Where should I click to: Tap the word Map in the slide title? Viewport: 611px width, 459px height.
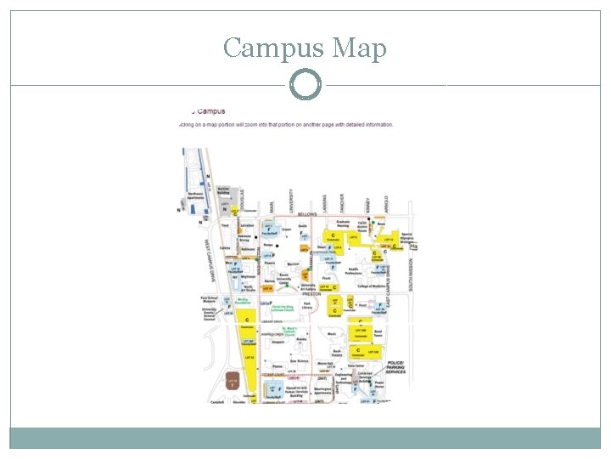tap(360, 48)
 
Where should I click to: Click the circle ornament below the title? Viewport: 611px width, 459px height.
tap(305, 86)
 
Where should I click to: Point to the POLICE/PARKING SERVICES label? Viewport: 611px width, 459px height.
tap(395, 368)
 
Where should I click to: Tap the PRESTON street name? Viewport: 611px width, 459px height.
tap(311, 294)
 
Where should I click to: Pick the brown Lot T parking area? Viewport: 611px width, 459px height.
tap(233, 383)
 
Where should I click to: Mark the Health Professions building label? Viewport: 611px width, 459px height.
tap(354, 271)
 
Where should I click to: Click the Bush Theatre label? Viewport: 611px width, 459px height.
tap(336, 352)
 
